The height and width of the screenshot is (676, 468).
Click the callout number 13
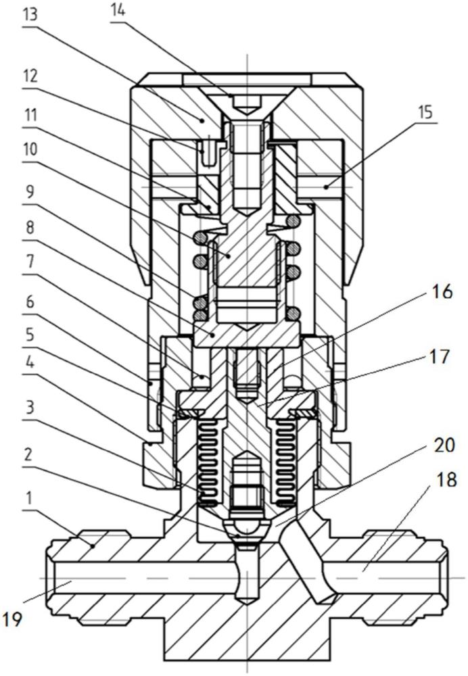(30, 15)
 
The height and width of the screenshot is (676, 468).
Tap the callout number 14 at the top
(118, 10)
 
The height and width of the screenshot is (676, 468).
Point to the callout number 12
(30, 76)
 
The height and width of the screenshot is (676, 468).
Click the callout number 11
(30, 115)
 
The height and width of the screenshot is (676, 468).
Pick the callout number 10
(30, 149)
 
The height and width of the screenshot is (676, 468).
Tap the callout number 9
(29, 190)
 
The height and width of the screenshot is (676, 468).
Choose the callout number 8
(29, 227)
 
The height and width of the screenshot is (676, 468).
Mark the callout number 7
(29, 263)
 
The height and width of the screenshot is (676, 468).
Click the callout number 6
(29, 301)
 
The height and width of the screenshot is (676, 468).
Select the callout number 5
(29, 335)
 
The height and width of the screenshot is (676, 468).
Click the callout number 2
(29, 455)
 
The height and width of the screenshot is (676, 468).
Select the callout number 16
(443, 292)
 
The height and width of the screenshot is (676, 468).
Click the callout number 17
(440, 356)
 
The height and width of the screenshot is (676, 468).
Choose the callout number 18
(447, 479)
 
